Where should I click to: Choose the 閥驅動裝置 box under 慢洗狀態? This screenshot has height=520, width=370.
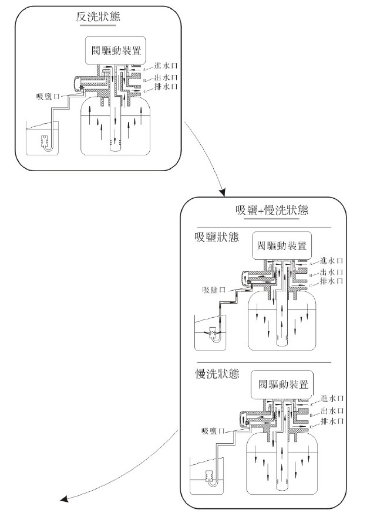pos(281,385)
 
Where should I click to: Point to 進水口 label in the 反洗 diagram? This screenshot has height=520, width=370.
pos(165,66)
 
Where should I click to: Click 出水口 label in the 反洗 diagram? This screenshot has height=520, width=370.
pos(165,77)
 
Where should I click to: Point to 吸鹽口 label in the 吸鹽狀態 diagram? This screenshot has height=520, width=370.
pos(214,290)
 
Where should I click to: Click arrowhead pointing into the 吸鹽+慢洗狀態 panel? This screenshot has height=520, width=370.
pos(223,193)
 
